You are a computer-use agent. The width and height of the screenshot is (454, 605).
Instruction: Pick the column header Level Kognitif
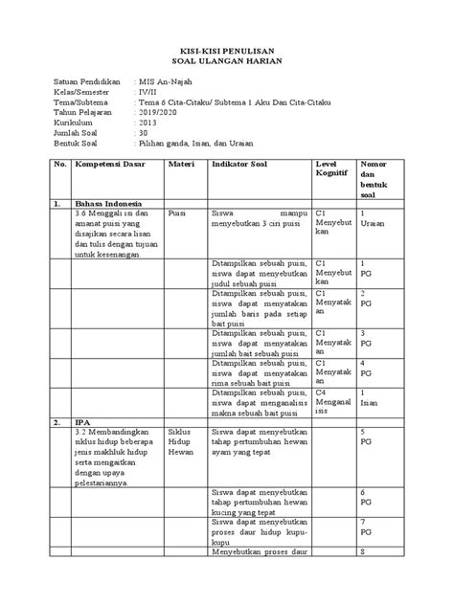point(329,171)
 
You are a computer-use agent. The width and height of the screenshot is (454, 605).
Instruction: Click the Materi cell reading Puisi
point(177,215)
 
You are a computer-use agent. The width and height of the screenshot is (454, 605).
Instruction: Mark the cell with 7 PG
point(366,528)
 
